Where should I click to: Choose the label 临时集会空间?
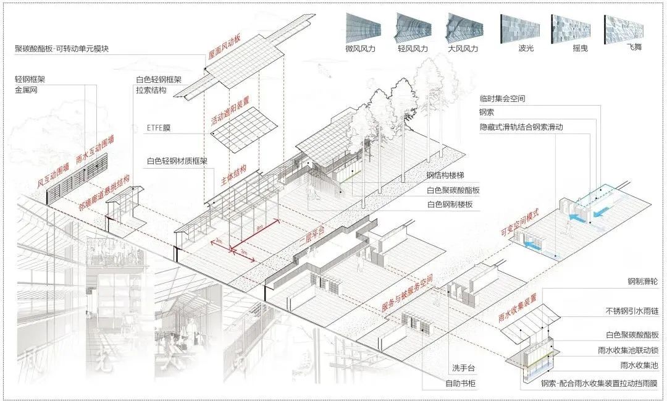click(x=502, y=99)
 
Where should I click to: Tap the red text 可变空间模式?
click(x=519, y=222)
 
